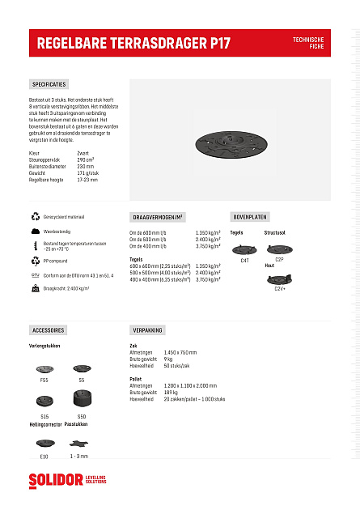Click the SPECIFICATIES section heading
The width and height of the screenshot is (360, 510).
(x=49, y=84)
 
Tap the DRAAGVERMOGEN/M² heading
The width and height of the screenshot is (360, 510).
(x=158, y=217)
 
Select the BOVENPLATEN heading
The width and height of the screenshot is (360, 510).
(x=250, y=217)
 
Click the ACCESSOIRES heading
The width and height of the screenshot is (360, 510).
(x=49, y=330)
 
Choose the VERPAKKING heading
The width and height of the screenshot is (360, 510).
(x=147, y=330)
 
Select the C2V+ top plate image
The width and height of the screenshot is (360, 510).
(x=280, y=279)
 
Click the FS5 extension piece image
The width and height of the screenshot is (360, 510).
(x=44, y=369)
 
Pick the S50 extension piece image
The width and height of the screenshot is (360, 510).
(x=82, y=399)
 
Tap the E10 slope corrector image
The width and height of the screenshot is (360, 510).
(x=44, y=444)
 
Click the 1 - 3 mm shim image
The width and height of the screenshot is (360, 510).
(x=78, y=443)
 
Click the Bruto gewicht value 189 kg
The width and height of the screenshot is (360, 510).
(x=171, y=392)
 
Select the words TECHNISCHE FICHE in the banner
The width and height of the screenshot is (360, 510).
(x=308, y=42)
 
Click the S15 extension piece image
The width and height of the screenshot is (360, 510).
(x=44, y=400)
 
